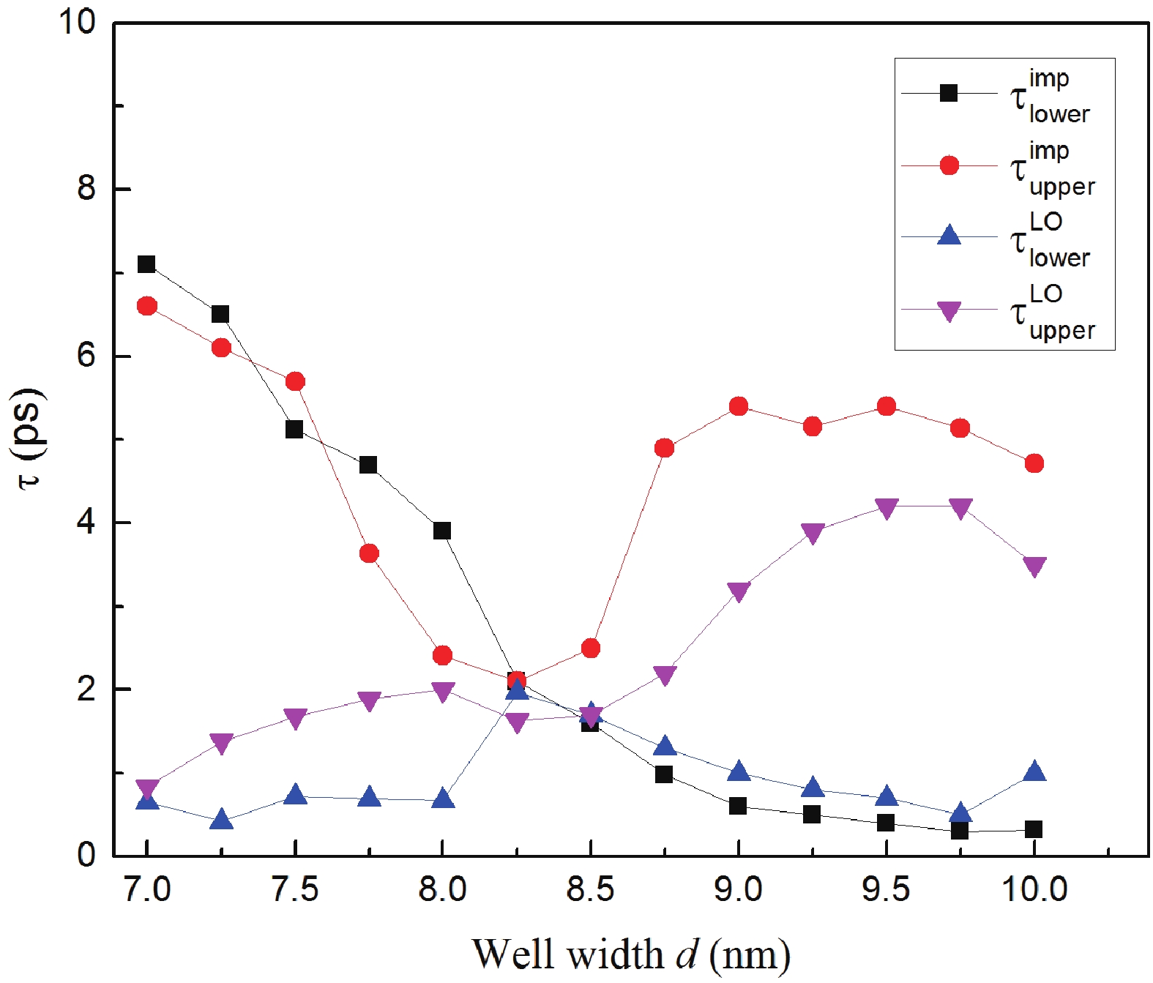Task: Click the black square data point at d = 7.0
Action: tap(146, 264)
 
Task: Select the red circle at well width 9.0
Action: tap(738, 406)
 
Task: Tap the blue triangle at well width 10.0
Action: tap(1034, 771)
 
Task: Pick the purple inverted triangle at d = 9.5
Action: tap(886, 508)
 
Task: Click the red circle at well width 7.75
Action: tap(368, 553)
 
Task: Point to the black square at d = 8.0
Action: tap(441, 531)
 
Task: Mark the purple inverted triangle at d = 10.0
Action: tap(1034, 566)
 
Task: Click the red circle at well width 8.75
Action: tap(664, 448)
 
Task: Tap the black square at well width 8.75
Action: tap(664, 774)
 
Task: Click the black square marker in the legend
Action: tap(949, 93)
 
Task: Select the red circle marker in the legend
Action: tap(949, 165)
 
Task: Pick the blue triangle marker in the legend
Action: tap(949, 236)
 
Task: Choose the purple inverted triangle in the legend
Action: tap(949, 312)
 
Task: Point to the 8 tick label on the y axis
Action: tap(86, 189)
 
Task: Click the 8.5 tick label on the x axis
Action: tap(590, 890)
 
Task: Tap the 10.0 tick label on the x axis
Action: tap(1034, 890)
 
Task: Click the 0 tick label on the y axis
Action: tap(86, 855)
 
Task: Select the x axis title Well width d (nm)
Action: tap(630, 954)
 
